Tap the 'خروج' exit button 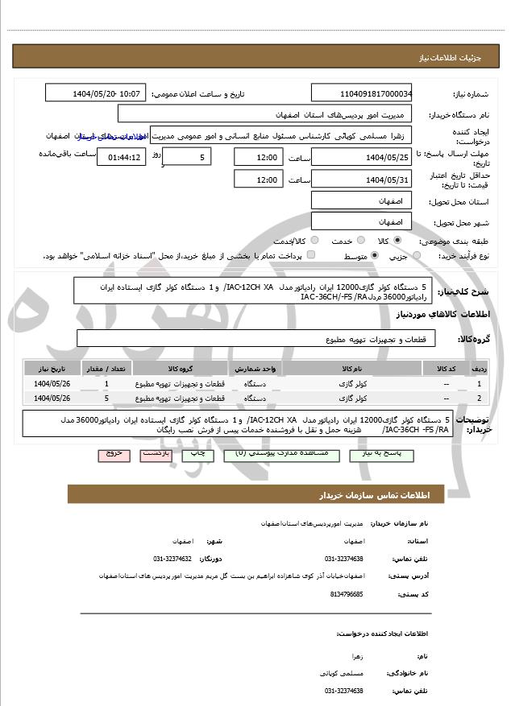[x=114, y=454]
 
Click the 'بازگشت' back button [x=156, y=454]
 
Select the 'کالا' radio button [x=397, y=241]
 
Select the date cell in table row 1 [x=53, y=384]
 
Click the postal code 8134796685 [x=347, y=594]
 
